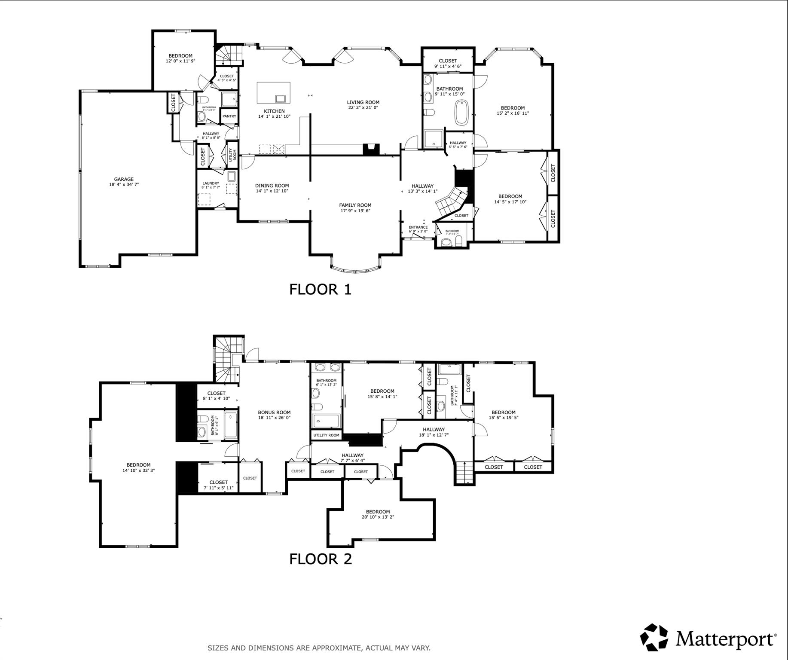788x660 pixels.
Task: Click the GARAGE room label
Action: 124,179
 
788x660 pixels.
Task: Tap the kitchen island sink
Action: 281,99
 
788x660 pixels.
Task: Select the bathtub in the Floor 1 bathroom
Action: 462,113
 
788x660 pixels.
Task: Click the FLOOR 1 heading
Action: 320,289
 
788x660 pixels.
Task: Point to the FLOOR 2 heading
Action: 320,559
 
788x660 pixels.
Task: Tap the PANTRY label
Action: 229,116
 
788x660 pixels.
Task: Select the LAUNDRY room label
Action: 211,183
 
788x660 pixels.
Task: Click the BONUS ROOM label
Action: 274,412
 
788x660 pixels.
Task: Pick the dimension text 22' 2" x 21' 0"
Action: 363,107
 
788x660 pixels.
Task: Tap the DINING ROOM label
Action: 272,186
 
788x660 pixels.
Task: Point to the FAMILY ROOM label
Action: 355,205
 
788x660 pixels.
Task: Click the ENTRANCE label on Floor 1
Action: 418,227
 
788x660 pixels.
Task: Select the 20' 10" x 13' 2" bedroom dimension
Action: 378,517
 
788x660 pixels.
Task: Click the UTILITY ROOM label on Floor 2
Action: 326,435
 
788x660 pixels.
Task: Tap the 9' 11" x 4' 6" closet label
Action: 448,66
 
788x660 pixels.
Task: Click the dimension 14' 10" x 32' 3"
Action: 138,470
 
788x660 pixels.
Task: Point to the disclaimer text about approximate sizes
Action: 319,648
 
